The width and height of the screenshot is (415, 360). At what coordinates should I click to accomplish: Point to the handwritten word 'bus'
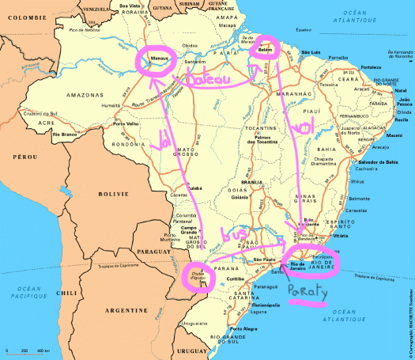235,234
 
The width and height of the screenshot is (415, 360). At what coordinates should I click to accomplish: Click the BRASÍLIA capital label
251,182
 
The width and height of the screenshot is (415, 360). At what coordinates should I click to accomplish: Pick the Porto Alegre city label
245,328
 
